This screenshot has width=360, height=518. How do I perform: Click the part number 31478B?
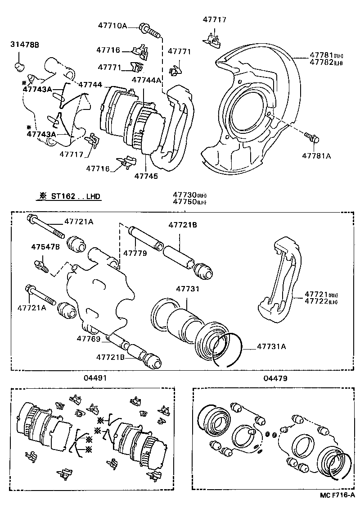tap(25, 44)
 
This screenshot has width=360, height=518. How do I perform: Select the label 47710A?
tap(112, 26)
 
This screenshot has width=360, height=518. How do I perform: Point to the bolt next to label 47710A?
tap(150, 30)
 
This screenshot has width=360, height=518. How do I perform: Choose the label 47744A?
tap(146, 80)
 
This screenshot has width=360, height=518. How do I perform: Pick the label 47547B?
tap(45, 247)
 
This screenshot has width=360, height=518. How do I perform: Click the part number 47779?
tap(135, 253)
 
